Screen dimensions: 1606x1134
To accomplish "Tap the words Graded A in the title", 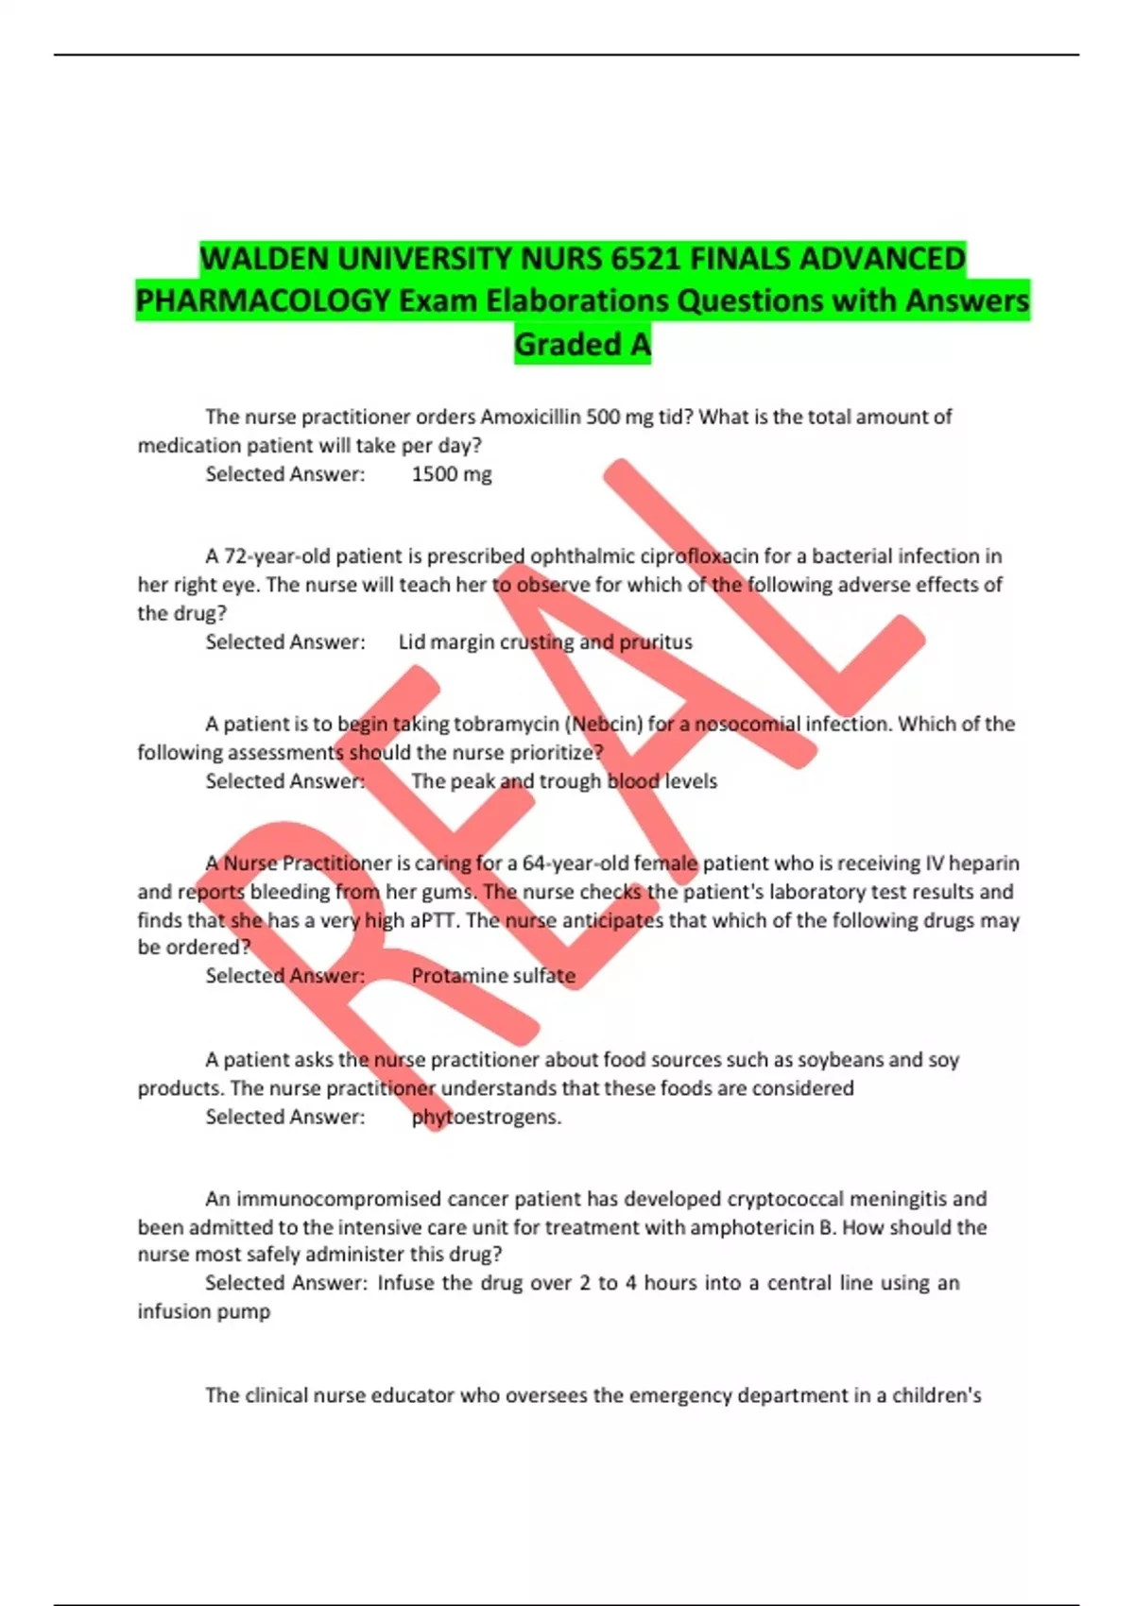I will pyautogui.click(x=582, y=344).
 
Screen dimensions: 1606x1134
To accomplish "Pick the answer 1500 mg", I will pyautogui.click(x=452, y=474).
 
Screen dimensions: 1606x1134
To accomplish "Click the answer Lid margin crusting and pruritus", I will pyautogui.click(x=545, y=642).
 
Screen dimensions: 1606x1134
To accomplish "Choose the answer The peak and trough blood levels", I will pyautogui.click(x=564, y=781).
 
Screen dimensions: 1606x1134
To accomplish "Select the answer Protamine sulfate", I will pyautogui.click(x=493, y=976).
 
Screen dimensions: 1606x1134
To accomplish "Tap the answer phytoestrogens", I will pyautogui.click(x=487, y=1118).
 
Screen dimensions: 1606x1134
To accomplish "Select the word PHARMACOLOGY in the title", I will pyautogui.click(x=263, y=300).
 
